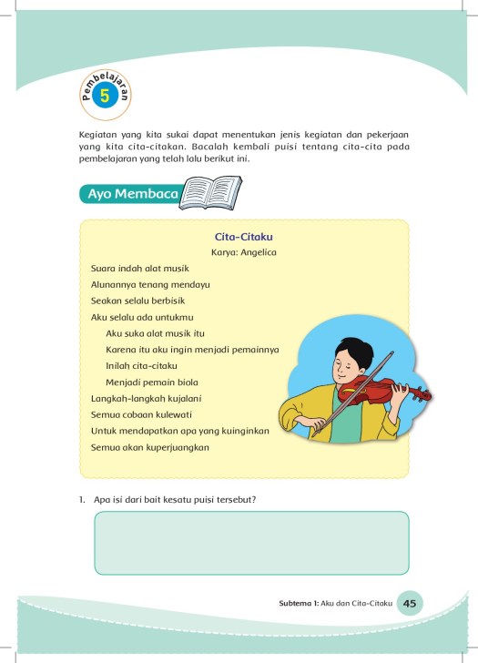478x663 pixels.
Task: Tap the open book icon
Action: point(210,192)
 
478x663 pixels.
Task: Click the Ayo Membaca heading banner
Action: point(129,193)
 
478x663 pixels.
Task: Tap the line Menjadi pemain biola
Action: point(152,382)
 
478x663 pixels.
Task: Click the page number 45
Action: point(409,604)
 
